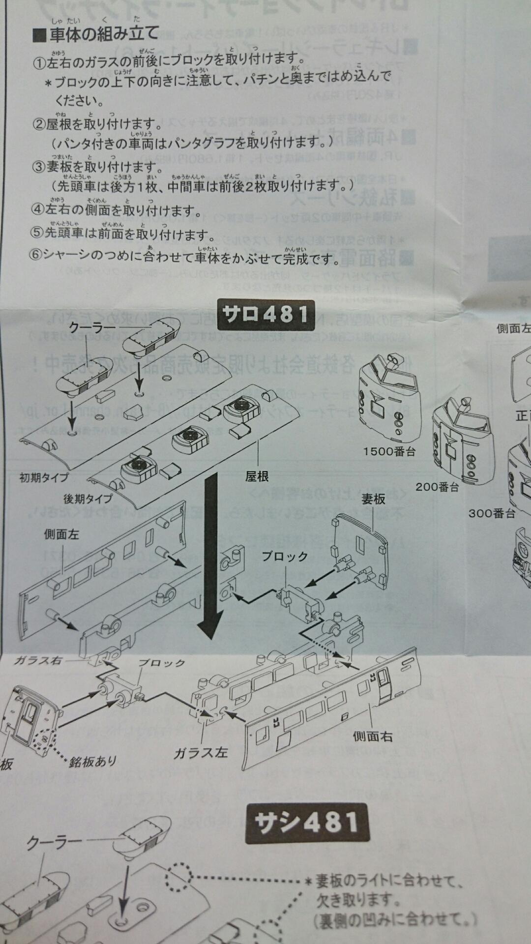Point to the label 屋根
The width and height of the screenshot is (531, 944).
(257, 476)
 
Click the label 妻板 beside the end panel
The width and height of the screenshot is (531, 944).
(373, 499)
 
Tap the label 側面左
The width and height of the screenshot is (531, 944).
(61, 534)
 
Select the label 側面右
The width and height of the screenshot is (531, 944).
(373, 736)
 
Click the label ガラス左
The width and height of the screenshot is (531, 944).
(201, 753)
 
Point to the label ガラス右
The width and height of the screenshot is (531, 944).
(38, 660)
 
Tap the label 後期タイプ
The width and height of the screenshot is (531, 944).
(88, 498)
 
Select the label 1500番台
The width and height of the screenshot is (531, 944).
(389, 451)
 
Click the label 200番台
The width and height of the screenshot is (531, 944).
(437, 487)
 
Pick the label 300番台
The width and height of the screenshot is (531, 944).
(491, 513)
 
